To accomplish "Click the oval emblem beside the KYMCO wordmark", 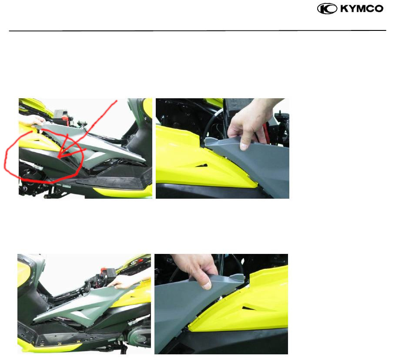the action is coord(327,9).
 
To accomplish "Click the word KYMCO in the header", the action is coord(362,9).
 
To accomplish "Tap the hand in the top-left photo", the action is coord(36,120).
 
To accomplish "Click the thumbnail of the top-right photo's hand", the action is coord(244,147).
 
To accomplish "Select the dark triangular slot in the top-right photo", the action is coord(202,165).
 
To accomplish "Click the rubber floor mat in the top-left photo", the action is coord(115,181).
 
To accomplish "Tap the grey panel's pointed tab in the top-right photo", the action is coord(210,140).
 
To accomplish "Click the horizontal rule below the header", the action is coord(198,31).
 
